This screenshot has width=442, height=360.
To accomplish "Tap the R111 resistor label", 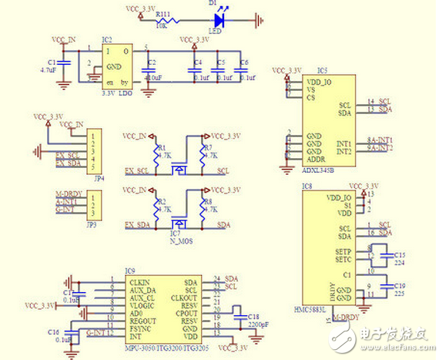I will [163, 13].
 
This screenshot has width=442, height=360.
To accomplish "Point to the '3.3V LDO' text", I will [117, 93].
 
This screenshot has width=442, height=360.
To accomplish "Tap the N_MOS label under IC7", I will [179, 240].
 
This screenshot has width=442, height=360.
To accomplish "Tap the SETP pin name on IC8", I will [343, 252].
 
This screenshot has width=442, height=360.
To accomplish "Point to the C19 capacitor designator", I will [399, 285].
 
